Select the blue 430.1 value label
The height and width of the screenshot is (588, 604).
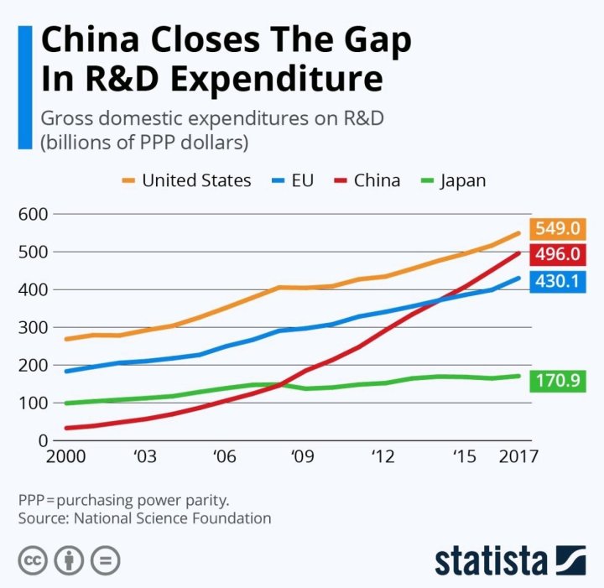[558, 281]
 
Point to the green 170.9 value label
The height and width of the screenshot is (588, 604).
[558, 382]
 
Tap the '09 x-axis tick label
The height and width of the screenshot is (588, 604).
[302, 457]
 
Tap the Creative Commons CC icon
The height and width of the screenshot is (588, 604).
[33, 560]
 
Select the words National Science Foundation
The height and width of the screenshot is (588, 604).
[173, 518]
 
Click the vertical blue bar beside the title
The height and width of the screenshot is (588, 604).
[24, 86]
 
